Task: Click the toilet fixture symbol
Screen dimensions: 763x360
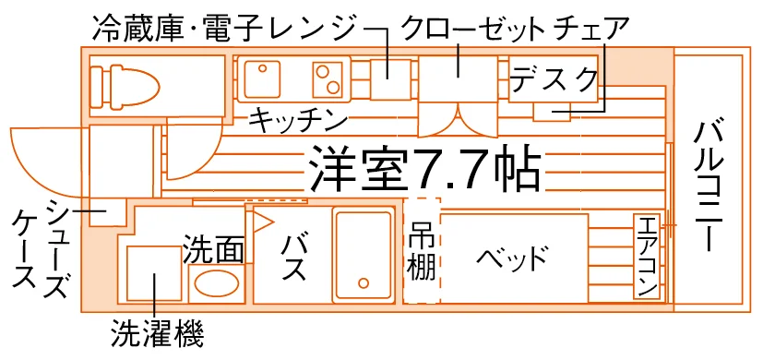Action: point(125,86)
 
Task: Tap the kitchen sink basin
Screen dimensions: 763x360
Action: point(262,78)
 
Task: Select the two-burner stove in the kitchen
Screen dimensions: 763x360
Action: point(328,78)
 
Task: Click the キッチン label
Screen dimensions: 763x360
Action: point(297,121)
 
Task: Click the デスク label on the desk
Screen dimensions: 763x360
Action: point(554,79)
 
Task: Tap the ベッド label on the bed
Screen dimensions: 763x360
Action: point(511,258)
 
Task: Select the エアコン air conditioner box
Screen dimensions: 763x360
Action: point(647,257)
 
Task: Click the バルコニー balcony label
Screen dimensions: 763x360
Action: point(709,186)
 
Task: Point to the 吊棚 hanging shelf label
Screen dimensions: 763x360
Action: point(422,251)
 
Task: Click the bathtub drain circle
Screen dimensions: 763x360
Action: point(364,282)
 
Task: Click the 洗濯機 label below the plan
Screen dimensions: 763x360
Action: point(157,334)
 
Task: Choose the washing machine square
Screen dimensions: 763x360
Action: point(154,273)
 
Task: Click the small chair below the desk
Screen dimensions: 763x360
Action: point(553,112)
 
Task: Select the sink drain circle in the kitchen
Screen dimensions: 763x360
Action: point(262,68)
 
